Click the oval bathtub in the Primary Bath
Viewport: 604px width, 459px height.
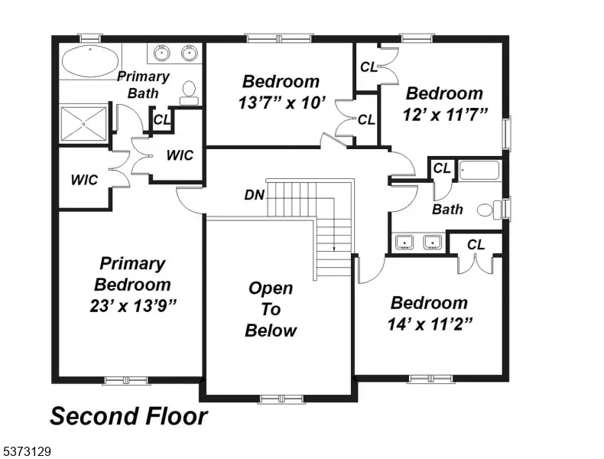[x=90, y=62]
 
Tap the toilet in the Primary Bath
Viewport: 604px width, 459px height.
[x=189, y=93]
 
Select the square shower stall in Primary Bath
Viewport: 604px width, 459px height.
[x=84, y=124]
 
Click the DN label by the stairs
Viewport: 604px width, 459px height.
[x=255, y=195]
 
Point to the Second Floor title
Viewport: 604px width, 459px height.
[x=128, y=416]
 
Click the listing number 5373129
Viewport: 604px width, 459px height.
[x=27, y=451]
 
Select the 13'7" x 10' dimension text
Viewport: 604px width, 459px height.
[x=282, y=103]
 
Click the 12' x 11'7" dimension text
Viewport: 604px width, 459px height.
[x=445, y=115]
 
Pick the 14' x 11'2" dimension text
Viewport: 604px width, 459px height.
[x=430, y=324]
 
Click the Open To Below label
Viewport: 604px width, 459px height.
[x=271, y=309]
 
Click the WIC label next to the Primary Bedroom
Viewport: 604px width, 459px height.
[x=84, y=180]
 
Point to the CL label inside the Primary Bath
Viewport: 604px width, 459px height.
[x=162, y=119]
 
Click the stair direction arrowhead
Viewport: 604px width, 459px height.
[x=334, y=248]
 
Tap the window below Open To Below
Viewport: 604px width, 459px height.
[x=281, y=399]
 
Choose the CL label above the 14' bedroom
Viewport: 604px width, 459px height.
[x=476, y=244]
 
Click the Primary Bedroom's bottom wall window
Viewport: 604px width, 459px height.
[x=126, y=381]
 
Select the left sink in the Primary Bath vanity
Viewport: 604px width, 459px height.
[x=162, y=53]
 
